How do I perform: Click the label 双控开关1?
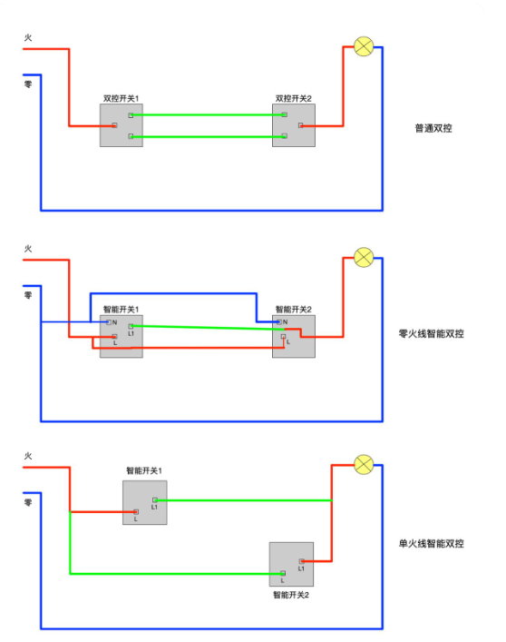coord(121,98)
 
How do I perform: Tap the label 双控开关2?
coord(293,98)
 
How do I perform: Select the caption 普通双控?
coord(433,128)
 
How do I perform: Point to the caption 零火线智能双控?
coord(431,334)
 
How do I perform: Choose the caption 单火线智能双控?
coord(431,543)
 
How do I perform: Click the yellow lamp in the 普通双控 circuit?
coord(363,47)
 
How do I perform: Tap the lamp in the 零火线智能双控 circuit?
coord(363,257)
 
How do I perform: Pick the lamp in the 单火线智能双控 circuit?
coord(363,465)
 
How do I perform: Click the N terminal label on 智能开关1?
coord(115,322)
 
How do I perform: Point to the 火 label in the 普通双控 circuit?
coord(28,38)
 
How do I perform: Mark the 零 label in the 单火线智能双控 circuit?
coord(28,500)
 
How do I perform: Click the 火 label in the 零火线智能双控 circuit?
coord(28,248)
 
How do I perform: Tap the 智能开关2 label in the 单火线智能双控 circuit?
coord(291,595)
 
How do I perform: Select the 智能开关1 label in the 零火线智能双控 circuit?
coord(121,309)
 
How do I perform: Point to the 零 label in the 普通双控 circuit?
coord(28,84)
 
